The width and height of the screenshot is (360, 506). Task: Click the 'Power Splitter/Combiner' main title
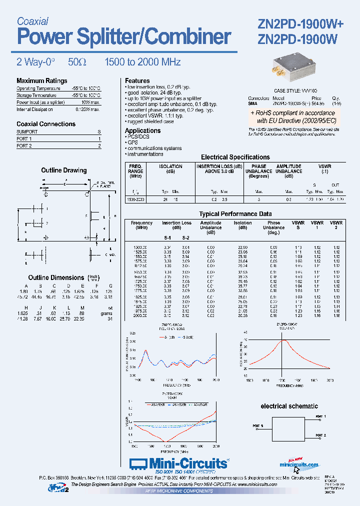[124, 37]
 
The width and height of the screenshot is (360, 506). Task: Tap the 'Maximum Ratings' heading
[41, 81]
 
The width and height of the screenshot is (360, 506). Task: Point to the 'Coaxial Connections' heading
[46, 124]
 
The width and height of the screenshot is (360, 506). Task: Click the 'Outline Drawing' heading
[63, 170]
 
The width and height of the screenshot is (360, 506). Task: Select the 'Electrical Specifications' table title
[235, 157]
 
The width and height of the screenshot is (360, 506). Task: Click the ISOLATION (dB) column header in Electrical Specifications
[170, 169]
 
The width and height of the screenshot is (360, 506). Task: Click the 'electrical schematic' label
[289, 406]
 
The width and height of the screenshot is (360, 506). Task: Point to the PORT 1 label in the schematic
[320, 416]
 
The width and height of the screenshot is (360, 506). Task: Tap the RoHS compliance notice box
[293, 117]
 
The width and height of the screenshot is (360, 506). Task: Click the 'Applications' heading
[142, 130]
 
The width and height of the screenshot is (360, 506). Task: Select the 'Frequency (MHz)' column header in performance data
[141, 225]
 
